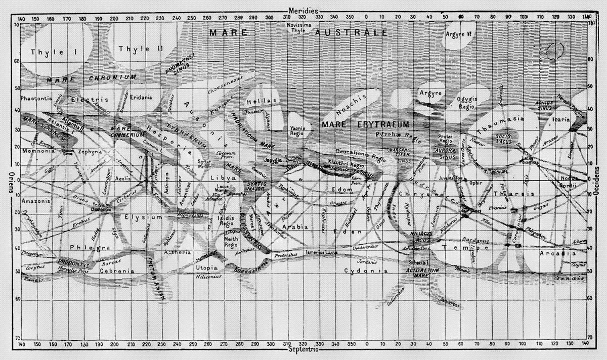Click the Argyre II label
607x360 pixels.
pos(459,34)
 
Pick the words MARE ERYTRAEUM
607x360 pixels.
pos(365,124)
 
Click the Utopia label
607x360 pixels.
pos(206,267)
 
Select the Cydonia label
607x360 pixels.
pos(365,272)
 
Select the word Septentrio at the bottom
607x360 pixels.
pos(303,350)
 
